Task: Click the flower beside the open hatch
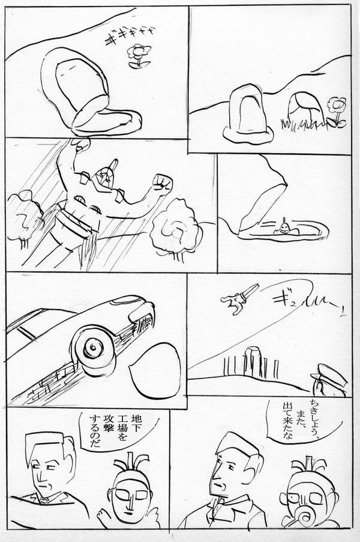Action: point(139,55)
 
